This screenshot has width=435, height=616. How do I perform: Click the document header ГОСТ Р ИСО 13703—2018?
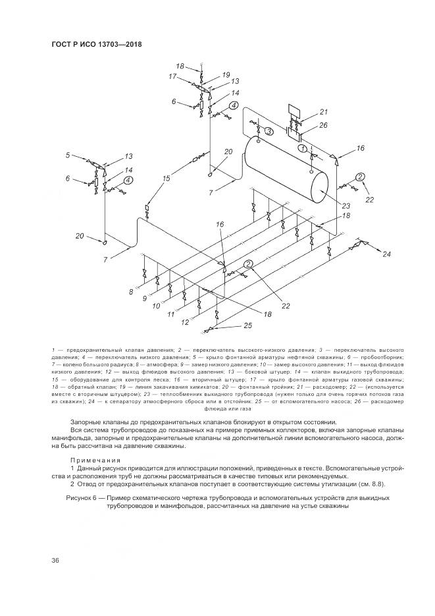(x=97, y=44)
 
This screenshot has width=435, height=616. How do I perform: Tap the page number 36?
(x=56, y=560)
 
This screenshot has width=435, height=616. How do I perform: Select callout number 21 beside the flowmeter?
(x=323, y=111)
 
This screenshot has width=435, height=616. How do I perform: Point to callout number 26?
(x=323, y=125)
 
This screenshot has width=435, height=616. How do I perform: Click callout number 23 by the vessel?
(x=346, y=206)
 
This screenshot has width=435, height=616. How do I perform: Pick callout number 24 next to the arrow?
(x=386, y=254)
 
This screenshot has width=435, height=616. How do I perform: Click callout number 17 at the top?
(x=173, y=76)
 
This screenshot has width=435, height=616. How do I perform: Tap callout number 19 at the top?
(x=226, y=74)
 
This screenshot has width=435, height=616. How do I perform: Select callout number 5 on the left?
(x=67, y=155)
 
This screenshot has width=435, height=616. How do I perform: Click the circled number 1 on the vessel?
(x=303, y=149)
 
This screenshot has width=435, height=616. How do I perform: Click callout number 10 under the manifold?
(x=156, y=306)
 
